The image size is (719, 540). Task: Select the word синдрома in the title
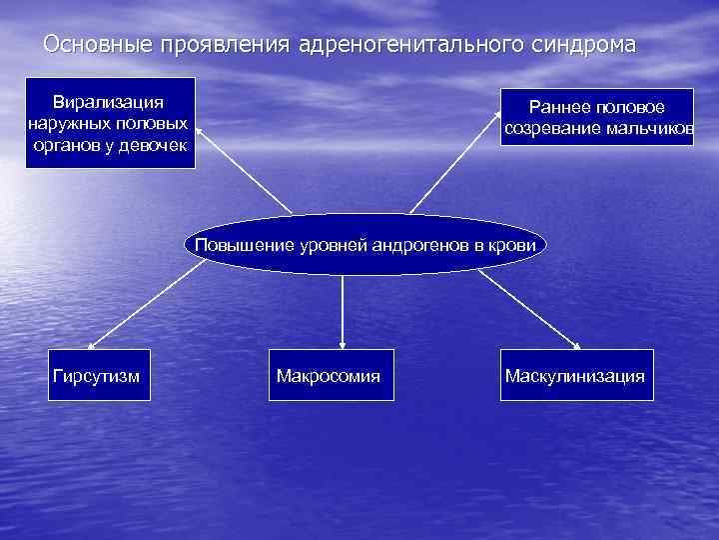[585, 47]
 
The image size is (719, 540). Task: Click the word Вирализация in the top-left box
[109, 102]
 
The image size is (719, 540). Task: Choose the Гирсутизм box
[95, 375]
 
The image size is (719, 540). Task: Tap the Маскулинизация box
[575, 375]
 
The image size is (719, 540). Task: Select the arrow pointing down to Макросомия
[343, 310]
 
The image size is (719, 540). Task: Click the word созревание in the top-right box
[553, 129]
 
